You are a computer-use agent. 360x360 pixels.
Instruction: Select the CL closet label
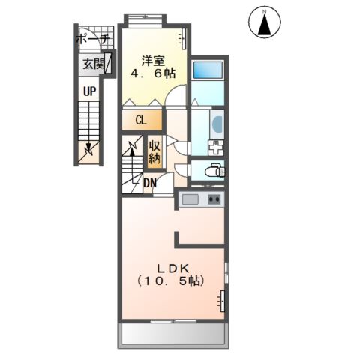(x=140, y=120)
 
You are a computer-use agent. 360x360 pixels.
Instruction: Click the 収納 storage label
(x=154, y=152)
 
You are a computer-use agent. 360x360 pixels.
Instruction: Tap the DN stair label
(x=150, y=183)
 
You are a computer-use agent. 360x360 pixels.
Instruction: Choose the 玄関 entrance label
(x=94, y=64)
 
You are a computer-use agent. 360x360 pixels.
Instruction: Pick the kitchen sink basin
(x=190, y=199)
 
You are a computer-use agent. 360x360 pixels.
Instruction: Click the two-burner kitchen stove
(x=214, y=199)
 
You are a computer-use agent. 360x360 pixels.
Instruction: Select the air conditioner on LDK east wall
(x=222, y=300)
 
